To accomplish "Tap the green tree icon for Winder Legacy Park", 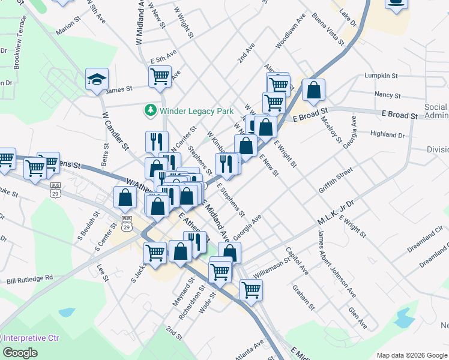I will [x=149, y=111].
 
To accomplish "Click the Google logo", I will [x=20, y=353].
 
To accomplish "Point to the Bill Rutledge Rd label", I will [x=30, y=279].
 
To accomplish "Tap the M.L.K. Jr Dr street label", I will [x=336, y=214].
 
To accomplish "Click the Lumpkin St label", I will [x=381, y=76].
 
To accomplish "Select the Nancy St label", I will [x=387, y=95].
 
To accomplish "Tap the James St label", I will [x=118, y=90].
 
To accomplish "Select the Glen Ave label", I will [x=358, y=317].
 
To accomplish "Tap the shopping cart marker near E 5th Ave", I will [x=160, y=76].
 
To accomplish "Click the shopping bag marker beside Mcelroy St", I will [x=313, y=90].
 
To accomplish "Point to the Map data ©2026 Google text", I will [x=411, y=355].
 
